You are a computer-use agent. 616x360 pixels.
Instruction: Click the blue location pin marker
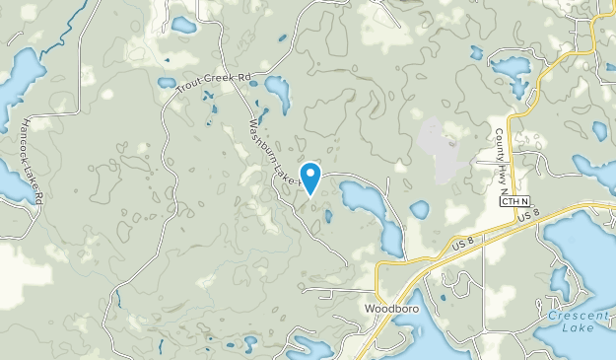click(x=310, y=177)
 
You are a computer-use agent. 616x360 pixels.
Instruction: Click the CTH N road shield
click(x=514, y=201)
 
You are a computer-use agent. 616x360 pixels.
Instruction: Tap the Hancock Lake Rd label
click(x=33, y=162)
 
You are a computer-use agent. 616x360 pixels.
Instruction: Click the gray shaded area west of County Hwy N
click(x=439, y=148)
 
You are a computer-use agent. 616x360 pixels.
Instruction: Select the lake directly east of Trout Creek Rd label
click(x=277, y=94)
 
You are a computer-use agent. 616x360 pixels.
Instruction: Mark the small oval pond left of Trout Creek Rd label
click(x=167, y=83)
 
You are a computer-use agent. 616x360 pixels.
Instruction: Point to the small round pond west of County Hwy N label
click(x=420, y=209)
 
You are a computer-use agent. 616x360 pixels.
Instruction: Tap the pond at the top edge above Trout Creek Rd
click(x=183, y=24)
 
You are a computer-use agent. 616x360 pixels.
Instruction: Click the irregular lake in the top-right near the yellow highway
click(x=511, y=69)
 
